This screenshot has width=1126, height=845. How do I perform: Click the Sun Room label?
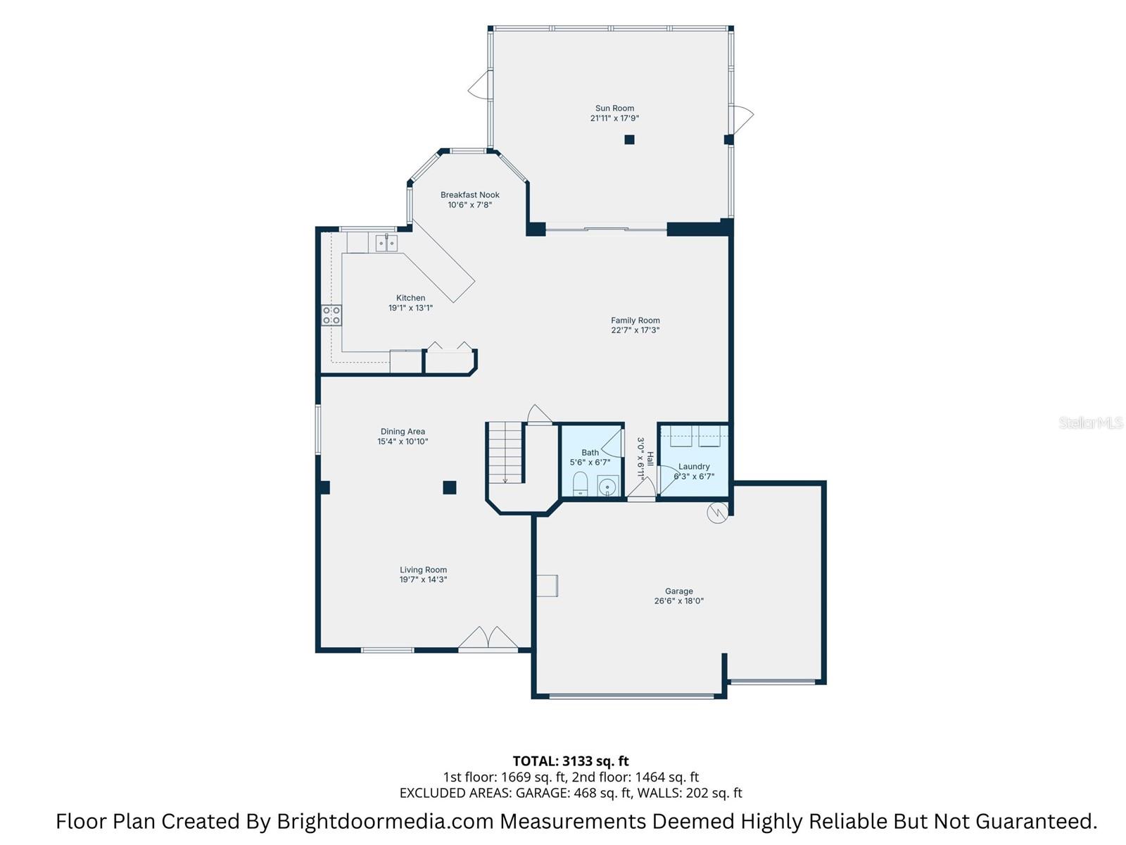614,108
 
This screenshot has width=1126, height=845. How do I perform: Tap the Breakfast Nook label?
470,195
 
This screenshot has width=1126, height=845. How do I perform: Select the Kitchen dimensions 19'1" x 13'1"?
410,308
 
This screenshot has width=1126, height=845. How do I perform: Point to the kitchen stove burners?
331,315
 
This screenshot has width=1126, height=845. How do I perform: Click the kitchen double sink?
386,244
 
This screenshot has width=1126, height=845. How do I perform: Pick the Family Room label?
635,320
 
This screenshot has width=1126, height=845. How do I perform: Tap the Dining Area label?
403,432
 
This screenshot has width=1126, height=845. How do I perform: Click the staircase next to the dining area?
506,452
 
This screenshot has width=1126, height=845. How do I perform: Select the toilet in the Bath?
580,484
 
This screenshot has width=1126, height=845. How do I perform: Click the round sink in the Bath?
607,486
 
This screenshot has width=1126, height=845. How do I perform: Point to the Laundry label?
694,466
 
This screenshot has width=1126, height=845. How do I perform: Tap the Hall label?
650,458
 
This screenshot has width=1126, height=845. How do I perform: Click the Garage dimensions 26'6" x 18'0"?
678,601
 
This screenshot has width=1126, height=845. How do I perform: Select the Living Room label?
423,570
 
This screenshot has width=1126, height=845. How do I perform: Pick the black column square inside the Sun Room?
629,139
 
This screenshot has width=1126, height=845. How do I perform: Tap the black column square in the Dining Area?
449,487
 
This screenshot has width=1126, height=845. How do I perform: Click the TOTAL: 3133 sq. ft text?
570,761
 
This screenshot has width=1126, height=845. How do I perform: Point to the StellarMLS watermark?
1090,423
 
